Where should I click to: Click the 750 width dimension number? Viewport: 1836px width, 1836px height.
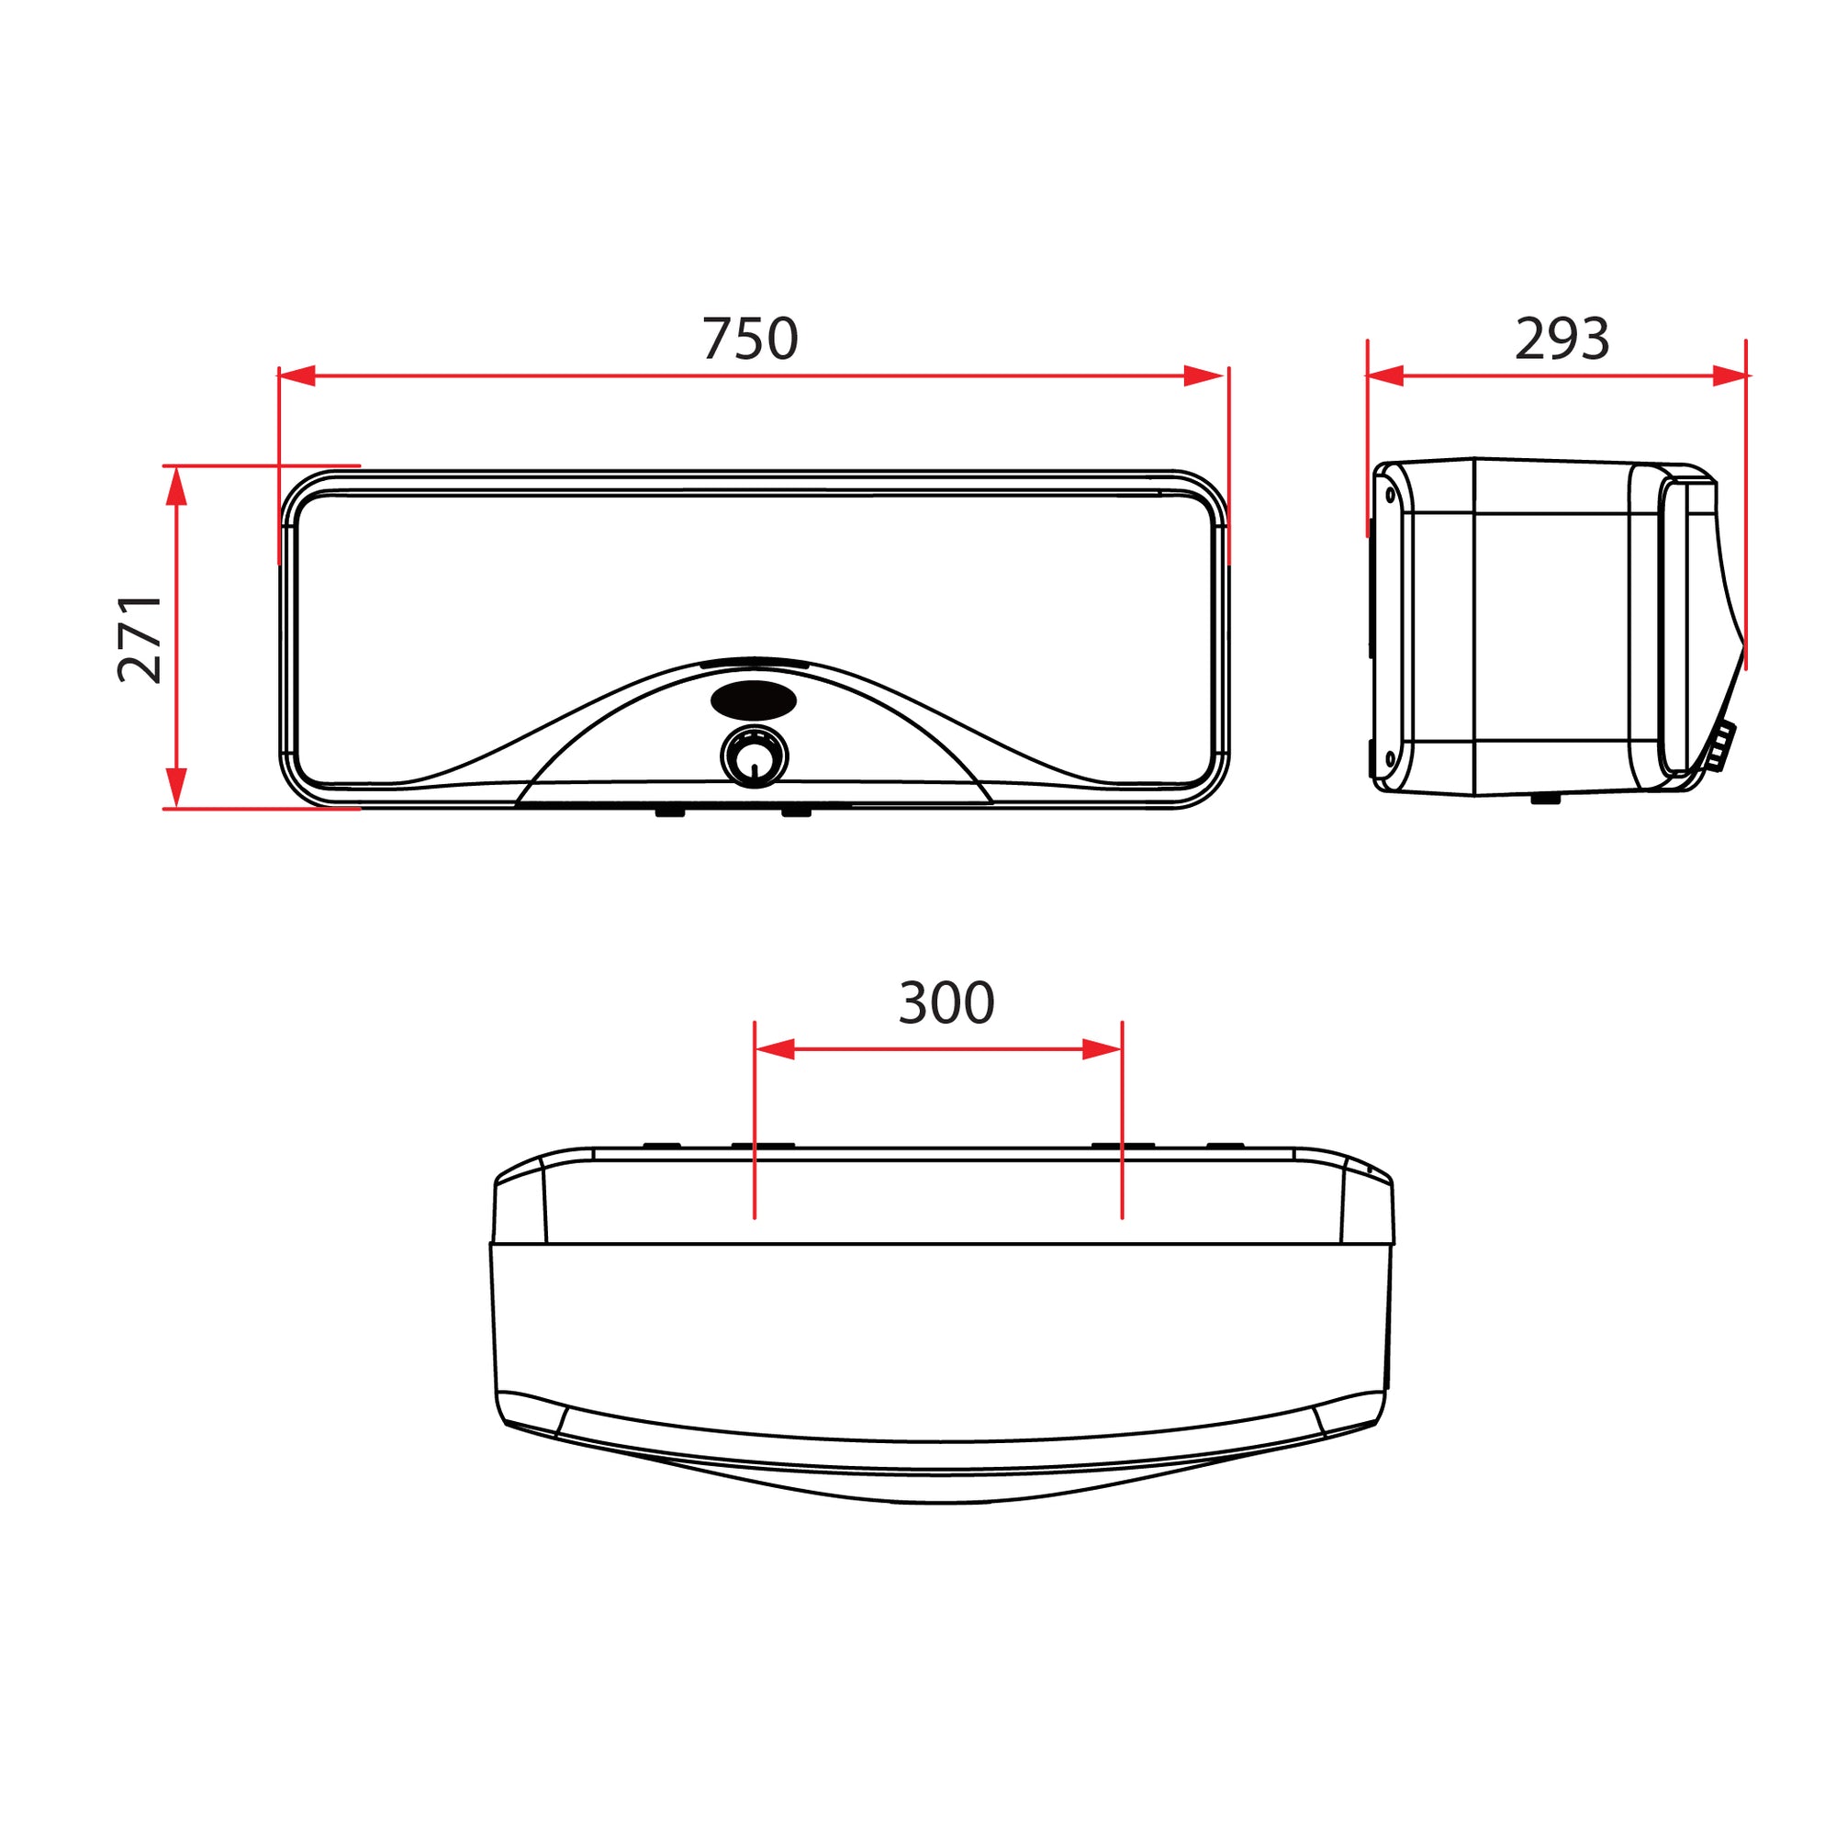click(x=750, y=339)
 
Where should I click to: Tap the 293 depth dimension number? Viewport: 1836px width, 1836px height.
click(x=1562, y=339)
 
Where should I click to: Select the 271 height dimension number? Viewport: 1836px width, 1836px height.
click(x=140, y=639)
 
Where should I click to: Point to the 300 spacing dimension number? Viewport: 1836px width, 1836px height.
click(x=946, y=1002)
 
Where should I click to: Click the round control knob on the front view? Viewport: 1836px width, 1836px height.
click(x=755, y=757)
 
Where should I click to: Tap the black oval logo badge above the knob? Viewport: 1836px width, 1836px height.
click(x=754, y=700)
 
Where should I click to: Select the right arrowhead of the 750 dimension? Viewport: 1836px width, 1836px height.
click(x=1203, y=375)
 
